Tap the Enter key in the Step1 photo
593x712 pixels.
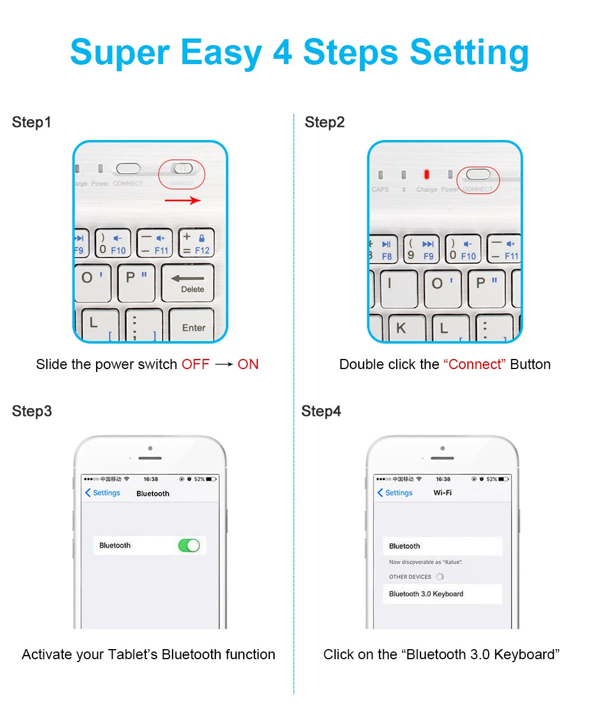click(192, 326)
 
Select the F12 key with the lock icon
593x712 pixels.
click(196, 244)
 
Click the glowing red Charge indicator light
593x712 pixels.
click(426, 174)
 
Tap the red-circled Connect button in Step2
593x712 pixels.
click(478, 174)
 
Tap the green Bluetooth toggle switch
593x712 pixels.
click(189, 545)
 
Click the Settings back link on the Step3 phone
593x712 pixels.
click(103, 493)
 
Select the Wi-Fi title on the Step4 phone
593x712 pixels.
click(442, 493)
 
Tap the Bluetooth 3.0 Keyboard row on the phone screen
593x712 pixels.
click(442, 594)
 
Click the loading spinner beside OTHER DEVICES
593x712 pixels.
click(440, 577)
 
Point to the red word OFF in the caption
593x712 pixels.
click(196, 364)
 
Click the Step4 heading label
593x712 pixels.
click(321, 411)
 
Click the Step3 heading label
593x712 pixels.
click(32, 411)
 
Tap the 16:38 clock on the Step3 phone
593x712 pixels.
click(151, 479)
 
